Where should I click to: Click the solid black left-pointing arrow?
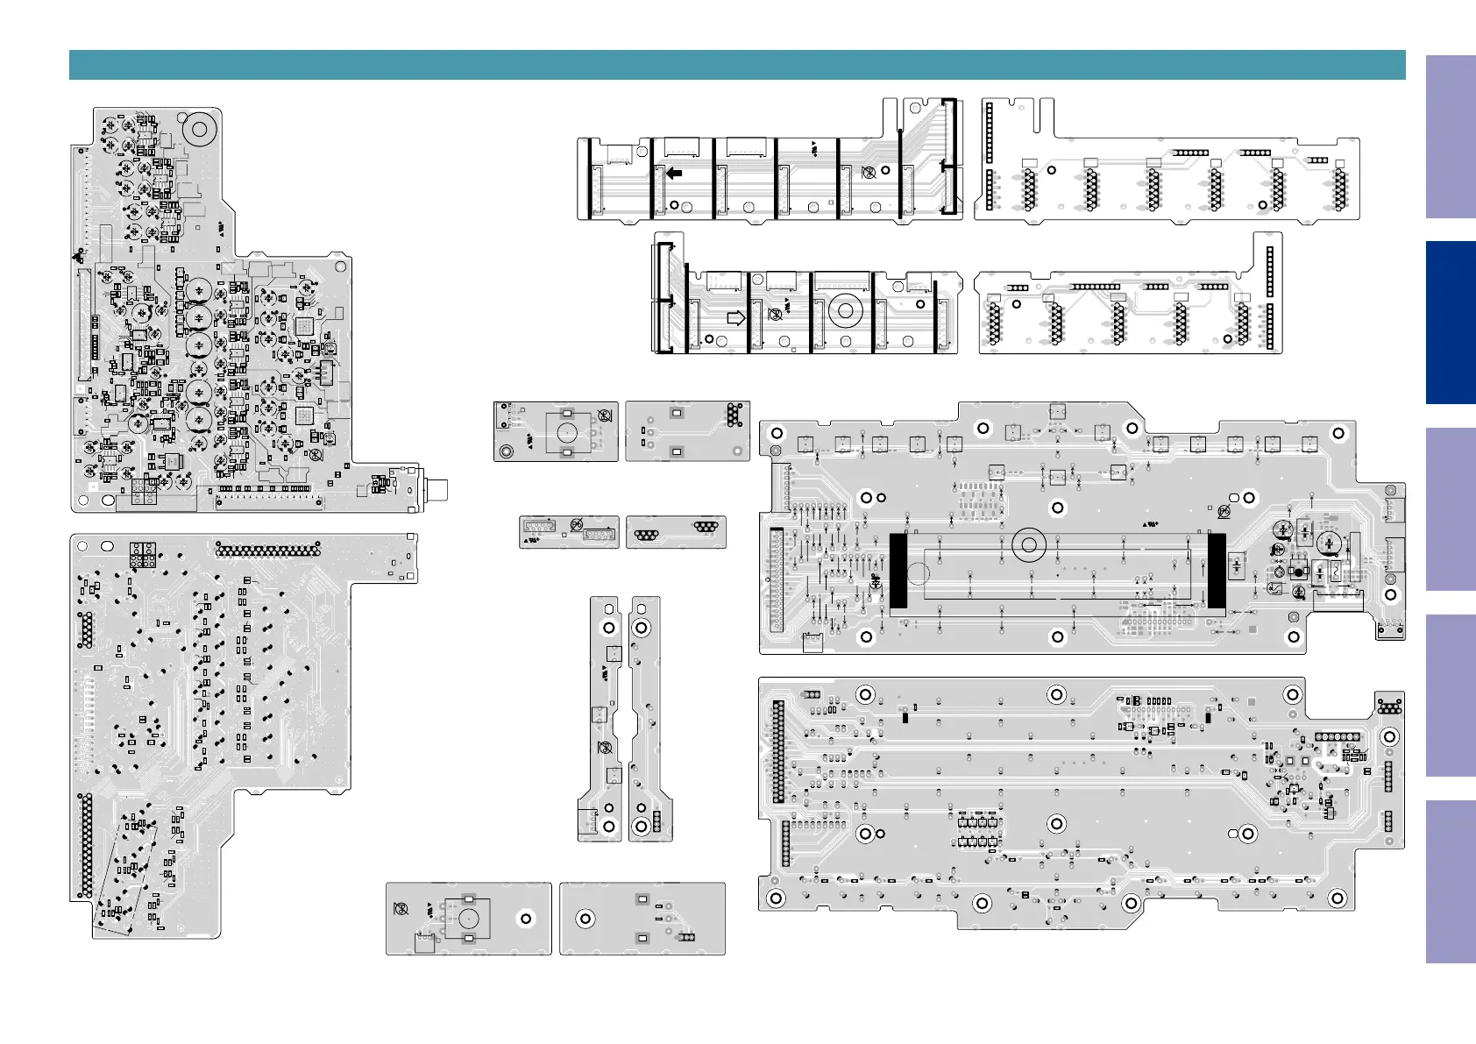coord(674,173)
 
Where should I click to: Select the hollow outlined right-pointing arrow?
coord(736,317)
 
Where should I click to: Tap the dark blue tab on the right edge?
coord(1451,322)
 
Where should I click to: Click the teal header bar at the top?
coord(736,65)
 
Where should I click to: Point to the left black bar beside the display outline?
coord(898,571)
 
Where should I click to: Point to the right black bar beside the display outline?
coord(1217,571)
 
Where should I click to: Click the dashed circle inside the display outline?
coord(917,574)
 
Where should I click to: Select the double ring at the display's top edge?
coord(1029,545)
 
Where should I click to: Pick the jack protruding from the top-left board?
coord(436,489)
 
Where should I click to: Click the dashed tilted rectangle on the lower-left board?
coord(128,868)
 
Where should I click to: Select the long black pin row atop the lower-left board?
coord(268,550)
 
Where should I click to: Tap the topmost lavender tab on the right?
coord(1451,137)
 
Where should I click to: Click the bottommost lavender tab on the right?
coord(1451,881)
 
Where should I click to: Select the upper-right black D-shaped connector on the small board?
coord(706,526)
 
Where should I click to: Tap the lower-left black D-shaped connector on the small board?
coord(646,536)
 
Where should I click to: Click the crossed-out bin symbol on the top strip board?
coord(869,173)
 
